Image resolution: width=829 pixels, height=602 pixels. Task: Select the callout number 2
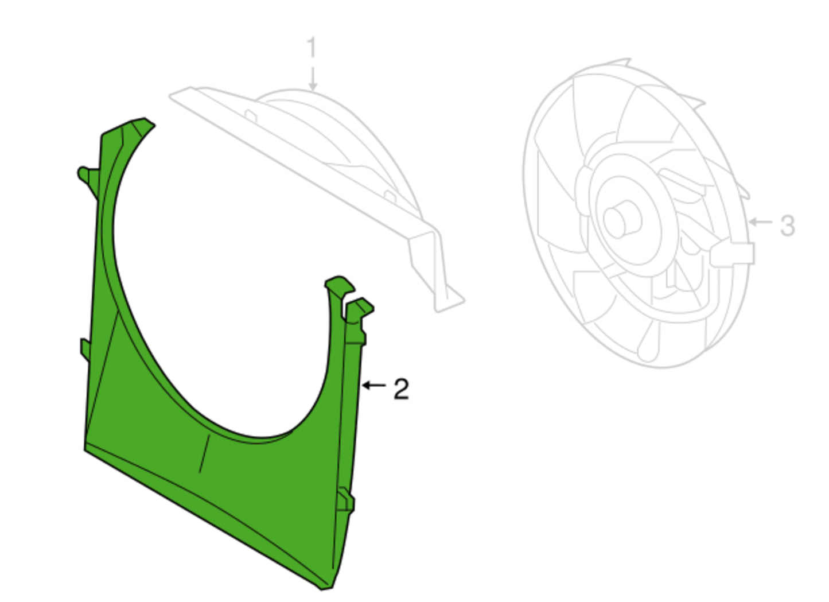(x=401, y=389)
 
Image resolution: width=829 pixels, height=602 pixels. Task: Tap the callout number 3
(x=788, y=226)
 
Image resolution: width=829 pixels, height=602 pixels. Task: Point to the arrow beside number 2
(x=374, y=386)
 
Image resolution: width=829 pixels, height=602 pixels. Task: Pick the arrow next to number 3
(x=761, y=222)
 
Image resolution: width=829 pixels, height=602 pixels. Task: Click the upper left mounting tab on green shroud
(x=89, y=180)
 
